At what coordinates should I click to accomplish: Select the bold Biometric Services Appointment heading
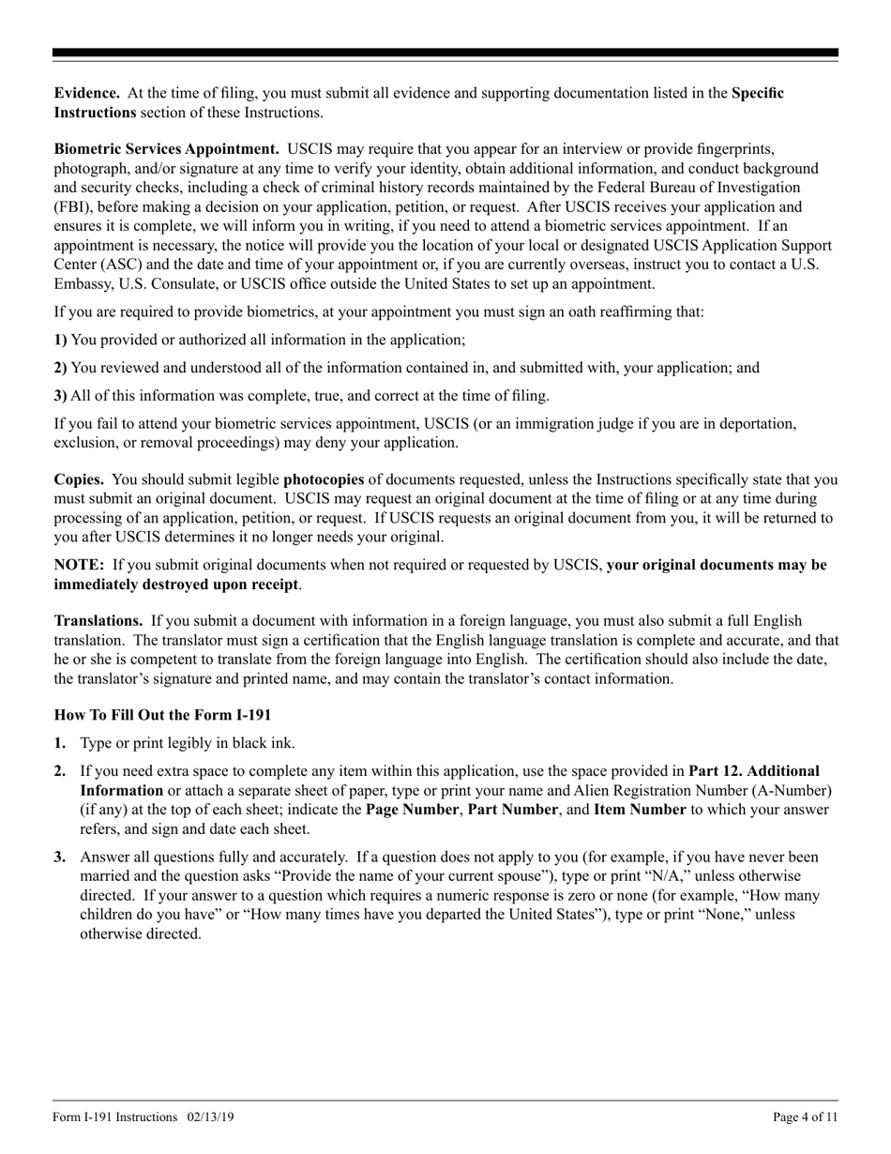click(166, 149)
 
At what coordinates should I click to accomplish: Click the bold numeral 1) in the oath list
click(61, 341)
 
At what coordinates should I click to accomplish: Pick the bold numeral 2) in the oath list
click(61, 368)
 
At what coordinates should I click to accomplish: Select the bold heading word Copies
click(79, 480)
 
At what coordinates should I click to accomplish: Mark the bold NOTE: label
click(79, 565)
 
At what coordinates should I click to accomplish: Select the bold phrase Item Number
click(640, 809)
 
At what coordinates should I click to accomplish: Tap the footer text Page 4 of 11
click(805, 1116)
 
